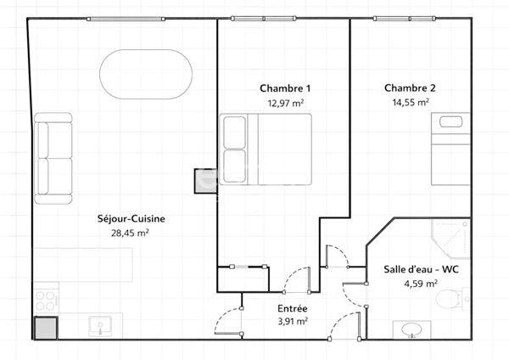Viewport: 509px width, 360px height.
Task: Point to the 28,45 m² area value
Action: (131, 232)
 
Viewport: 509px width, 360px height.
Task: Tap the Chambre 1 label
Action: (285, 88)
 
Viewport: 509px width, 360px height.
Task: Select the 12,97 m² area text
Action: (285, 102)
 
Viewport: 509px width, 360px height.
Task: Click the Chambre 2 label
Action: (410, 88)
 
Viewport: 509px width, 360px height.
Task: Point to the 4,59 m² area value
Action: (420, 284)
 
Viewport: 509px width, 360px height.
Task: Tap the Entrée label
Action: (292, 308)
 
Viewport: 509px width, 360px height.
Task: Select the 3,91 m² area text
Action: (292, 322)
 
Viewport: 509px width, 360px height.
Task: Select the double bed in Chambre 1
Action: (266, 149)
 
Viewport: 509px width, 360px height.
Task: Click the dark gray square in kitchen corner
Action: (45, 328)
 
